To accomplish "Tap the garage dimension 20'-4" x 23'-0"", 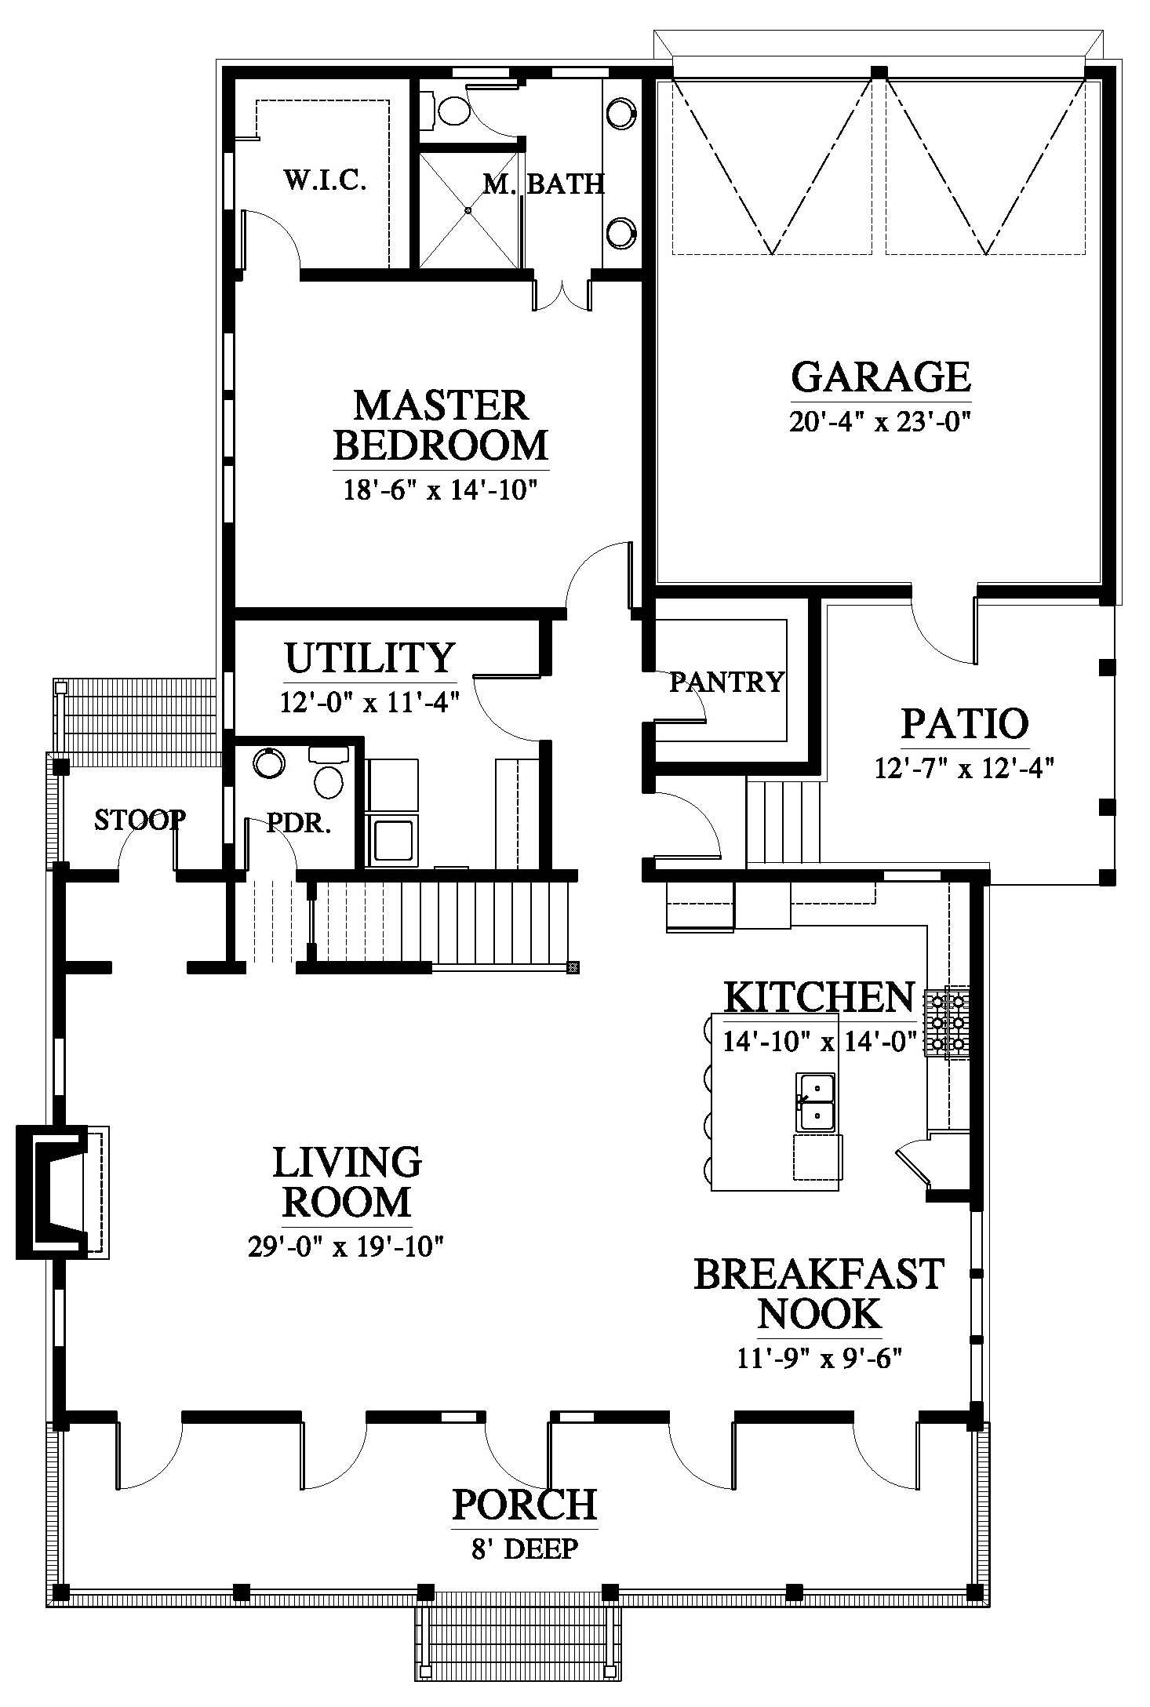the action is coord(881,422).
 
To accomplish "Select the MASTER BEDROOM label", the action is coord(441,425).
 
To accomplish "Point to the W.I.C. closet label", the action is coord(325,180).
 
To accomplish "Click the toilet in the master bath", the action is coord(447,110).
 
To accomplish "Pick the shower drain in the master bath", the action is coord(468,210).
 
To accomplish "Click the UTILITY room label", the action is coord(369,657).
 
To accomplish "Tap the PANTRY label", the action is coord(726,682).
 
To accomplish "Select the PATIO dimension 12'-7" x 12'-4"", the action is coord(964,767).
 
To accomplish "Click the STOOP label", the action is coord(140,820).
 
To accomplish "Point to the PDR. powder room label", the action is coord(299,824).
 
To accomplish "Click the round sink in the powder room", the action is coord(269,762).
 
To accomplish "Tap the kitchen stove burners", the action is coord(948,1022).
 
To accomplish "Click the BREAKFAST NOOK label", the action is coord(818,1294).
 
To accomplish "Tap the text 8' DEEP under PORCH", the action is coord(525,1549).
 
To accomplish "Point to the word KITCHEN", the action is coord(818,997).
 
